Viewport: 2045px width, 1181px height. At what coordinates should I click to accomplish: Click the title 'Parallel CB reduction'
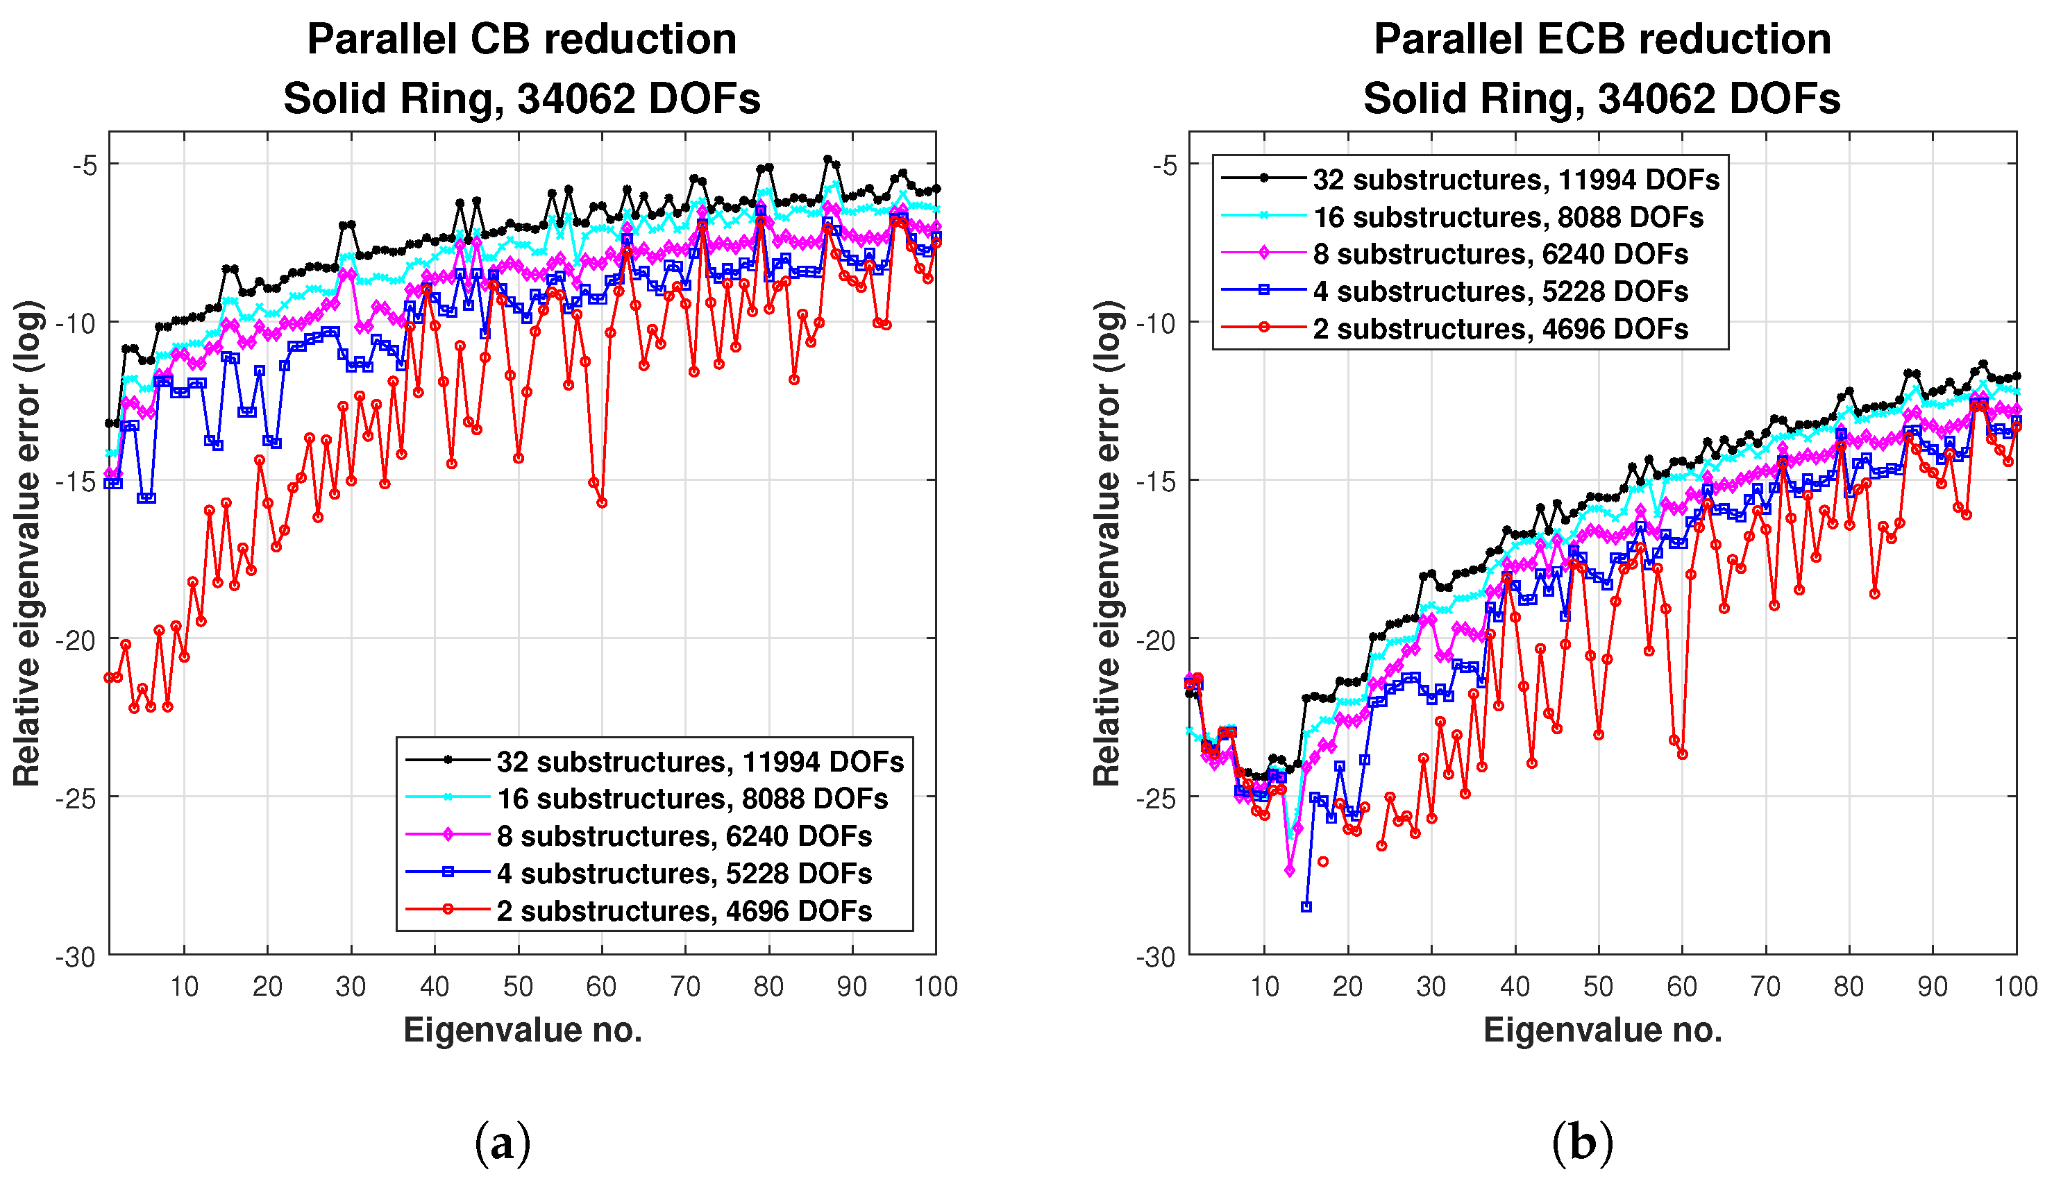(521, 39)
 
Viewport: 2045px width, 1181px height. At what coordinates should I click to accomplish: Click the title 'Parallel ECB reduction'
(1601, 39)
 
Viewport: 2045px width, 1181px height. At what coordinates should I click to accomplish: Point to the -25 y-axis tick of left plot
(76, 798)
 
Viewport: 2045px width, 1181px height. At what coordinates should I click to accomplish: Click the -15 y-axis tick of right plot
(1155, 482)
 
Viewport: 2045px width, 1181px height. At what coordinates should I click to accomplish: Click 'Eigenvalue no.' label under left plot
(523, 1030)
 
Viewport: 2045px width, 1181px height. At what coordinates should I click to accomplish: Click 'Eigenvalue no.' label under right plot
(1602, 1030)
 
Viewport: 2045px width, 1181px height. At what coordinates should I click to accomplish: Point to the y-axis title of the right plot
(1106, 543)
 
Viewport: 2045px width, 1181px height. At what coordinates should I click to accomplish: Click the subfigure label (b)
(1582, 1142)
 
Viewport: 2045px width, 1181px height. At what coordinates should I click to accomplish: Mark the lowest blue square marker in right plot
(1306, 907)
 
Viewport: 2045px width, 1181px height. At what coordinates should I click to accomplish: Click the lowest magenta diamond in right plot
(1290, 870)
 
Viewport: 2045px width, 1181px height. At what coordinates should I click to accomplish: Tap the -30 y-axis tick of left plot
(76, 957)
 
